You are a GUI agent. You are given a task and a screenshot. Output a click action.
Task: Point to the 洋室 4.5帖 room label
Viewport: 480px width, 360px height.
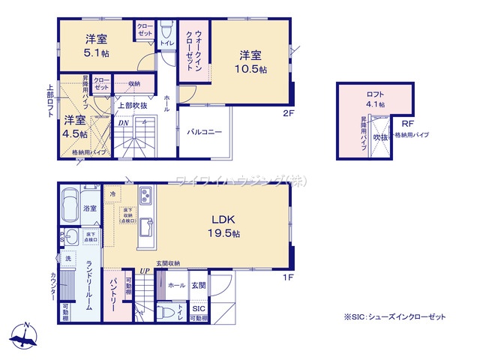coord(74,126)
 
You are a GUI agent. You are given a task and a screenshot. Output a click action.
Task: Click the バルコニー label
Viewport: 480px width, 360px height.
coord(205,132)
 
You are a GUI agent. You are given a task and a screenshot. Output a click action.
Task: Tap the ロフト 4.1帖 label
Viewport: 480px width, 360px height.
coord(376,100)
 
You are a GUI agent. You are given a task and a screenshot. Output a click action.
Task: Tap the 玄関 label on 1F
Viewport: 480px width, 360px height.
coord(199,286)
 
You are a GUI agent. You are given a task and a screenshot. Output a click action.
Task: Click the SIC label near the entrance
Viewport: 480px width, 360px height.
coord(199,308)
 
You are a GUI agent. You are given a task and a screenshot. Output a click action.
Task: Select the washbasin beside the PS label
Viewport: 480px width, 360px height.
coord(73,238)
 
